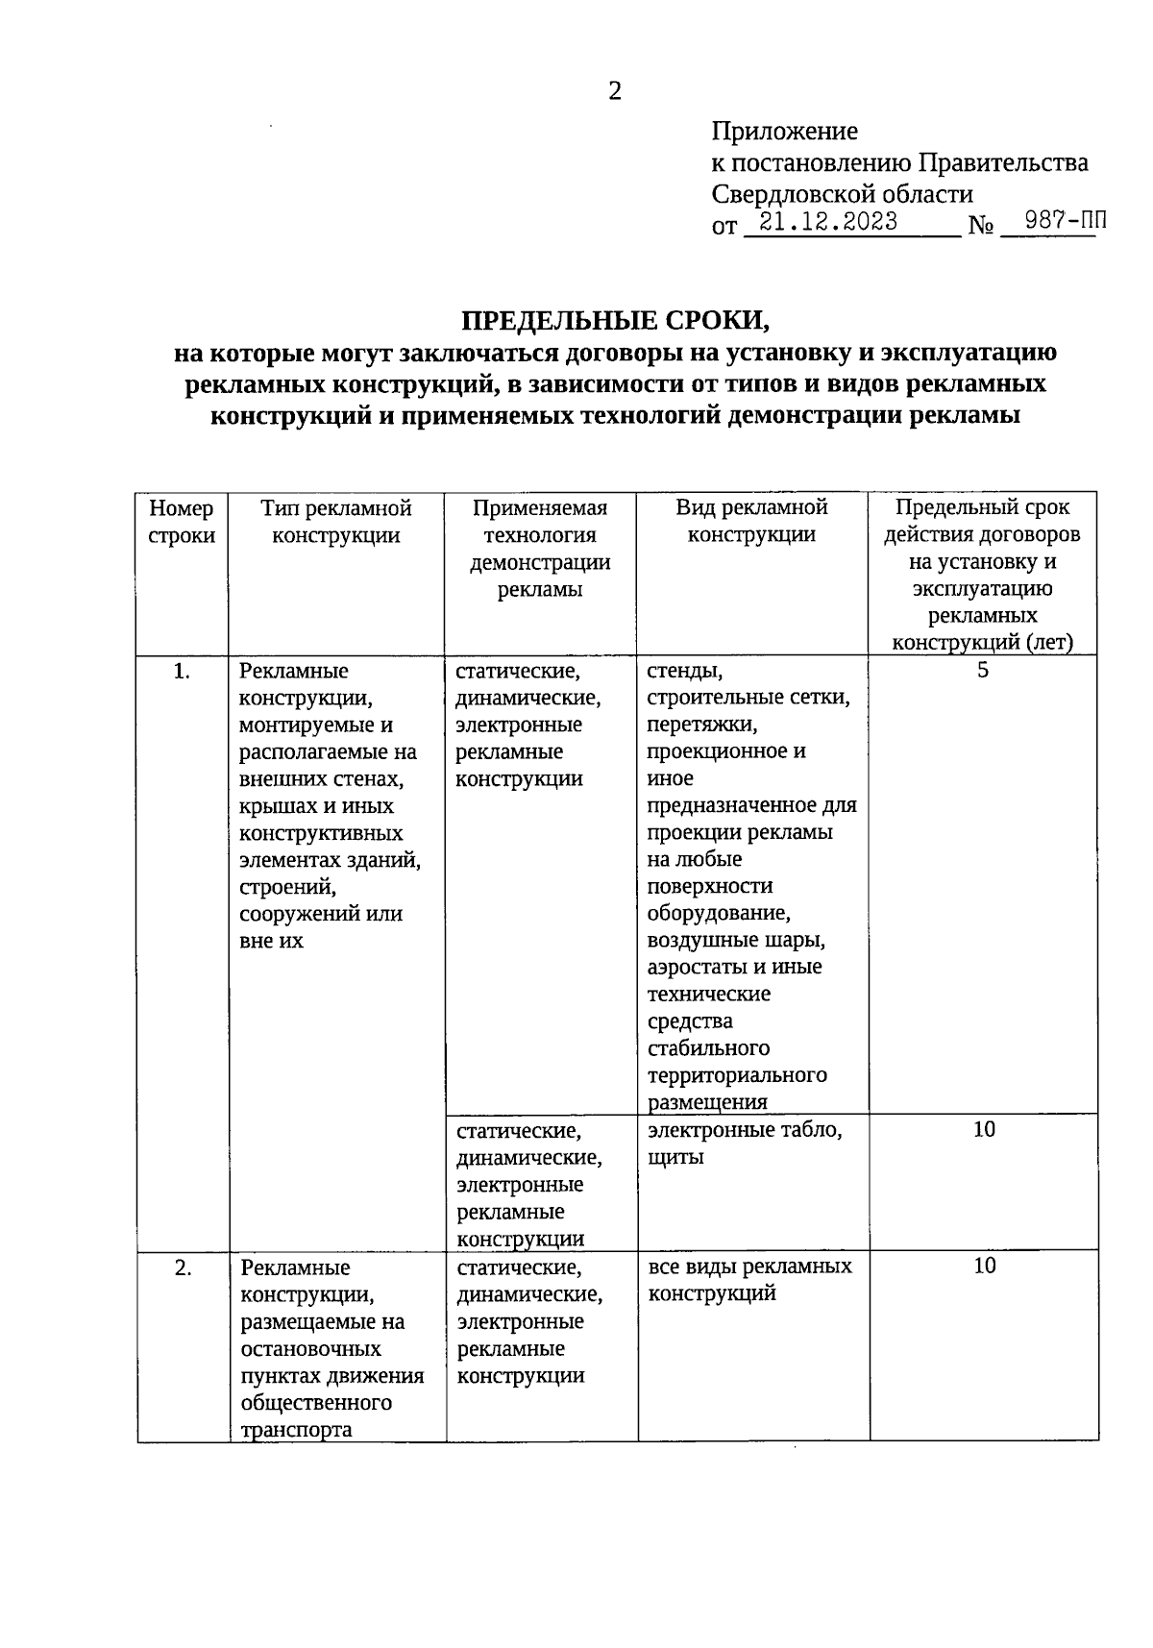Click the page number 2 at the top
click(x=615, y=91)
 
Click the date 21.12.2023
click(x=827, y=223)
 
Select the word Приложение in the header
click(x=784, y=131)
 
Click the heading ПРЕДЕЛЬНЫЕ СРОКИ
click(x=615, y=320)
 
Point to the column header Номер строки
click(x=182, y=522)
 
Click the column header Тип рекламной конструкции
click(x=335, y=522)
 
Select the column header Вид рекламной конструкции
click(x=751, y=522)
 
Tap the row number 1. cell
click(x=182, y=672)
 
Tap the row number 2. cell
click(x=183, y=1268)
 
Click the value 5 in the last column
click(x=982, y=671)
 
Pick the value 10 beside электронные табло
click(x=983, y=1130)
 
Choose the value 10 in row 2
click(x=984, y=1267)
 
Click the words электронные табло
click(x=745, y=1130)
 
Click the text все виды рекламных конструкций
click(x=749, y=1280)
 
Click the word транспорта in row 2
click(x=296, y=1430)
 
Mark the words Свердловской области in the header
click(x=842, y=194)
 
